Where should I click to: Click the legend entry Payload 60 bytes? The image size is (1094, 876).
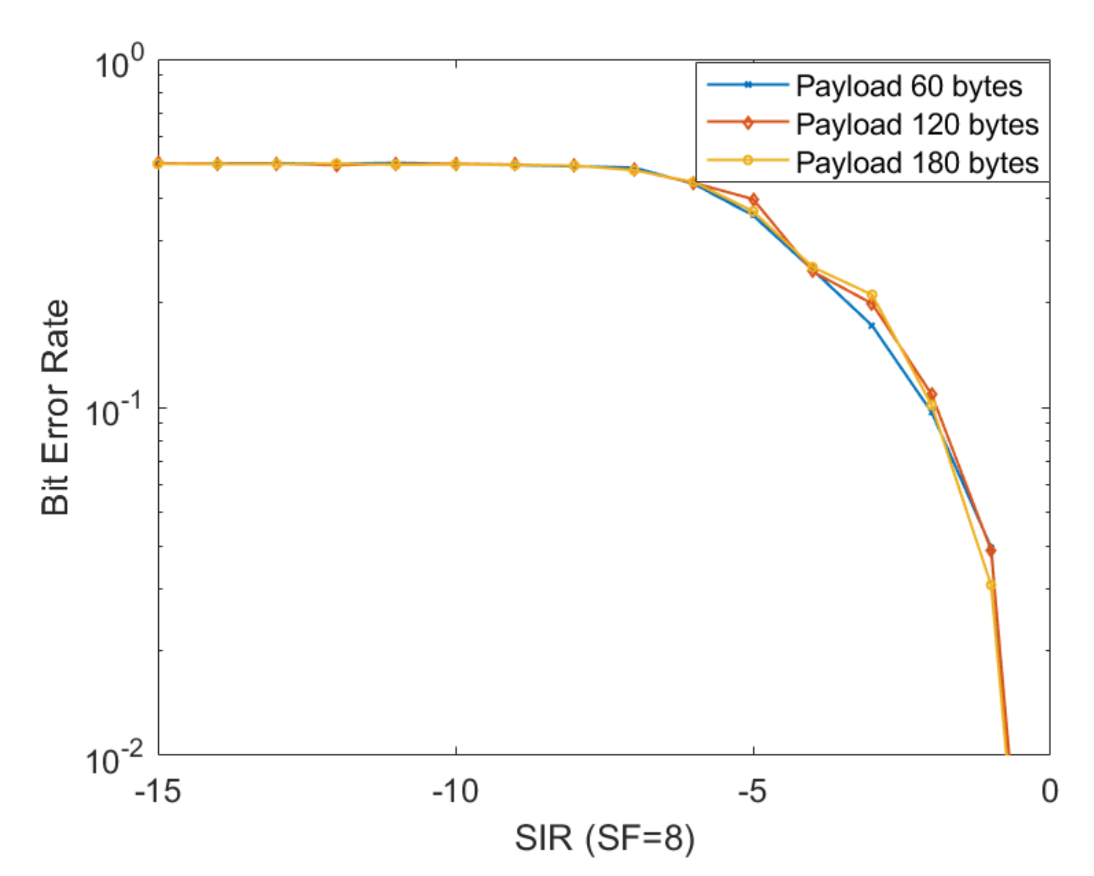tap(909, 86)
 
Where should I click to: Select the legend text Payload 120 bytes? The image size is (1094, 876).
tap(917, 125)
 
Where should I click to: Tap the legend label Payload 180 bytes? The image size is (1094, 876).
tap(917, 163)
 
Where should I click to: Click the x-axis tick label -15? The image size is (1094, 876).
tap(158, 791)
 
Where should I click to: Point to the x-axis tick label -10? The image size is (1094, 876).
tap(455, 791)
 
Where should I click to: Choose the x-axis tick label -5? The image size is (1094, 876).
tap(752, 791)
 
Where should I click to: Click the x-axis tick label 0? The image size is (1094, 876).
tap(1050, 791)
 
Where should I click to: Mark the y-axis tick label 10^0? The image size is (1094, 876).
tap(119, 66)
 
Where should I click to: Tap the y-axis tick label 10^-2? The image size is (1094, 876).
tap(114, 760)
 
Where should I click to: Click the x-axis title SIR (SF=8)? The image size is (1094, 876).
tap(604, 839)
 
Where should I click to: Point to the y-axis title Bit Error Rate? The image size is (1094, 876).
tap(55, 407)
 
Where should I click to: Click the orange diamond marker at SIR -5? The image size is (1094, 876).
tap(753, 200)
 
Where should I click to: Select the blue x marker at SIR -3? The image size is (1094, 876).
tap(871, 326)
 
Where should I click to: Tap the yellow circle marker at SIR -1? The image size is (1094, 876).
tap(991, 585)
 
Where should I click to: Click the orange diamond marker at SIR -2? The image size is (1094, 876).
tap(931, 394)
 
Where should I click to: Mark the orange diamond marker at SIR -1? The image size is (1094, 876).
tap(991, 550)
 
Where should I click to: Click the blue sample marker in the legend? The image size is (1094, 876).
tap(748, 85)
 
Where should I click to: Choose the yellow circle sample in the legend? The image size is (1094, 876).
tap(748, 160)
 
